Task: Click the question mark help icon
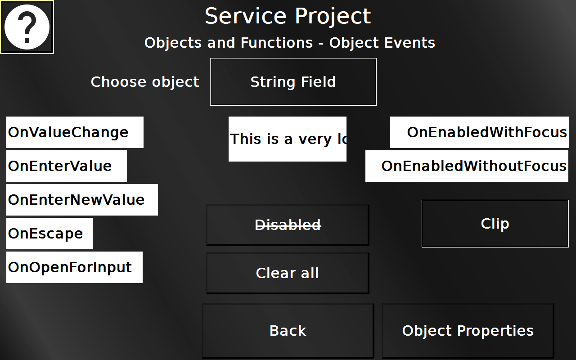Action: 27,27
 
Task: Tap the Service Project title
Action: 288,16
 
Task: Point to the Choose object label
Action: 145,82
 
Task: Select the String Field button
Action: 293,82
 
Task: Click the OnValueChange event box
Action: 75,132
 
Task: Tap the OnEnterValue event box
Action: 67,166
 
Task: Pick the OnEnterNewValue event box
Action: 82,200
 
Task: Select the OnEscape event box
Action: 49,234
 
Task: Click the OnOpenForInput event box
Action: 74,267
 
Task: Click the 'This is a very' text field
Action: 288,139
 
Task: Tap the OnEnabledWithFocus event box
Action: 479,132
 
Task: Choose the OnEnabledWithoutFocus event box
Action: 467,166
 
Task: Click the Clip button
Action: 495,224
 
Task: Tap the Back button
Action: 288,331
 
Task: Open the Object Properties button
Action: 468,331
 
